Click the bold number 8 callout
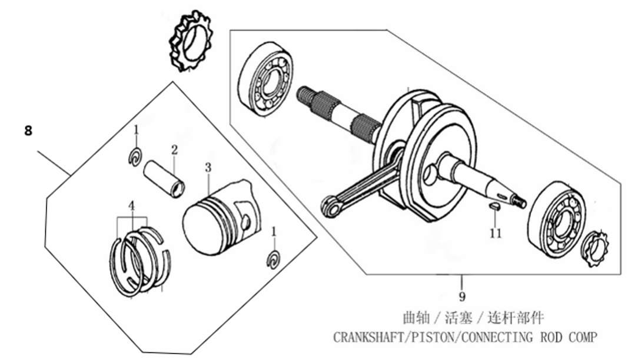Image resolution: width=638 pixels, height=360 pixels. (x=28, y=131)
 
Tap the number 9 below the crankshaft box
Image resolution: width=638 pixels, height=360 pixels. (x=462, y=296)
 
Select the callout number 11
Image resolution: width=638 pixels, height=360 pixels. (x=495, y=234)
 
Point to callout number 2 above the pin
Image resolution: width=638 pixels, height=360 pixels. (x=174, y=150)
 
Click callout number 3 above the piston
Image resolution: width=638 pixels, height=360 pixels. (x=208, y=168)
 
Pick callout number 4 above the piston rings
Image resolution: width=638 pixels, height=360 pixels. (x=131, y=206)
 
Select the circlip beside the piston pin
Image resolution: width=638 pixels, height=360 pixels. (x=135, y=157)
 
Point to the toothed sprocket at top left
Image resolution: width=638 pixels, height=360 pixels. (x=191, y=41)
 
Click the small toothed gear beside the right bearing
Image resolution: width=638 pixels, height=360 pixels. (x=595, y=248)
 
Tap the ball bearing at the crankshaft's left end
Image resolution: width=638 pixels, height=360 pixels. (x=265, y=80)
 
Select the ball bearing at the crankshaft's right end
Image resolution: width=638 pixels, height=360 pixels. (x=557, y=220)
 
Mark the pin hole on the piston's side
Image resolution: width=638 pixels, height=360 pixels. (x=245, y=222)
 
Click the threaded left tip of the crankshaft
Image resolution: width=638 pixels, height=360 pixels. (x=304, y=96)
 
